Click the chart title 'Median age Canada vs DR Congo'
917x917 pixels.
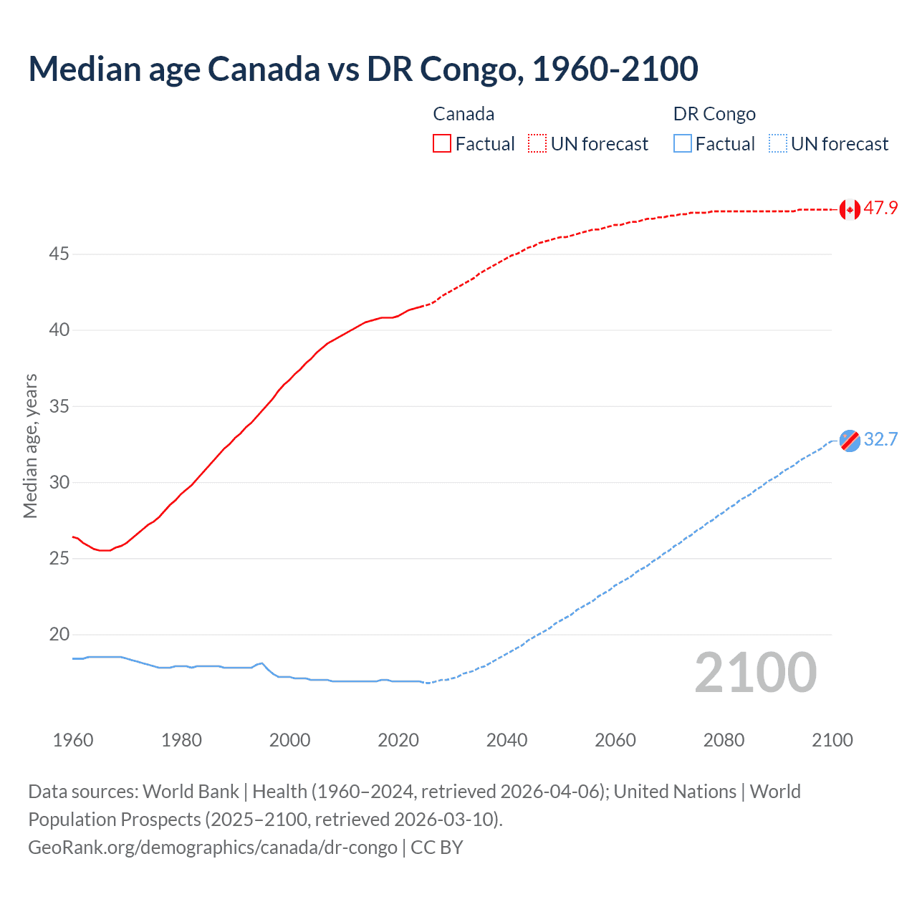tap(363, 69)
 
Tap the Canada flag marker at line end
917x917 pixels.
tap(849, 209)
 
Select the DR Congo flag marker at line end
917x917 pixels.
tap(849, 441)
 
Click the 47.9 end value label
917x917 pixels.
tap(880, 208)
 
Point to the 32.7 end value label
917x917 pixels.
tap(880, 439)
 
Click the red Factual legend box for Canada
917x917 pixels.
tap(442, 144)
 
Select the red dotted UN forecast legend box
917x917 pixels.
tap(537, 144)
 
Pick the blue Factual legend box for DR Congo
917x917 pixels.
tap(683, 144)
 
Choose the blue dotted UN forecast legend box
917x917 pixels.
tap(777, 144)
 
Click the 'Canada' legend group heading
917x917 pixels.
tap(464, 114)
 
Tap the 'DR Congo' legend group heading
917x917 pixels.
tap(714, 114)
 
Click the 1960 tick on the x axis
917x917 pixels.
tap(73, 740)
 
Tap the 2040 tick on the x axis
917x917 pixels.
tap(506, 740)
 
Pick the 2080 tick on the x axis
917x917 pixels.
tap(724, 740)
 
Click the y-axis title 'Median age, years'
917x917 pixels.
tap(30, 446)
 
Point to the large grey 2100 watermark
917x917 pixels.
tap(756, 673)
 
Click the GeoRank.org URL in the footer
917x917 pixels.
tap(213, 848)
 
